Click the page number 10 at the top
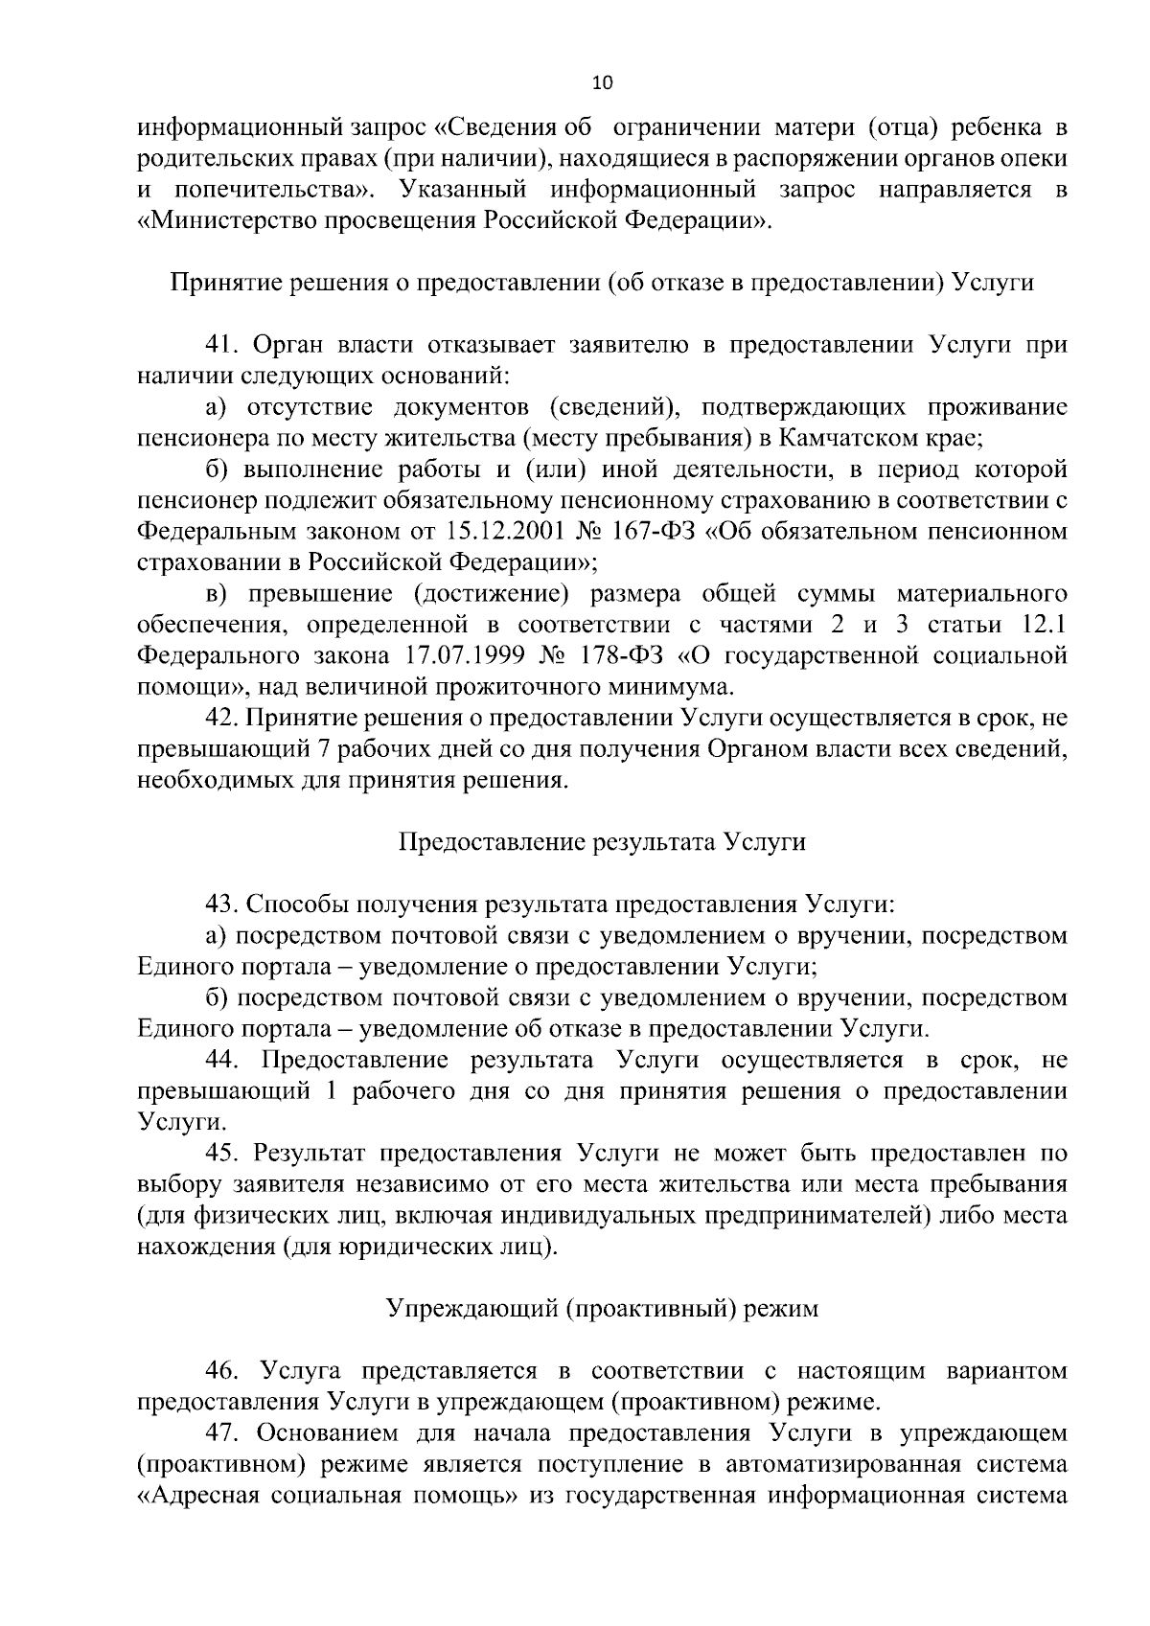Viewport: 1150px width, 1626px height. (x=603, y=82)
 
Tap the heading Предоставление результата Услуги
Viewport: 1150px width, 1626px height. (x=602, y=842)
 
